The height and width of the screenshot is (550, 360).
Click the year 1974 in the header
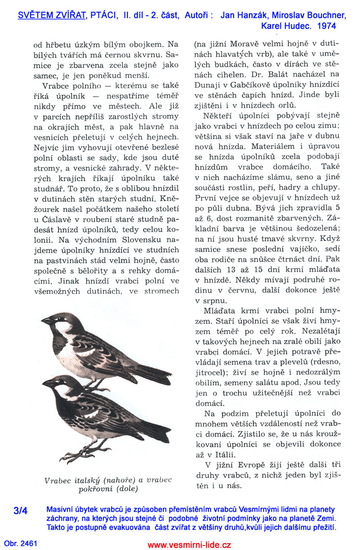click(x=326, y=26)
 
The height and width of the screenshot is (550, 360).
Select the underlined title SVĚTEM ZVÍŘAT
click(x=52, y=16)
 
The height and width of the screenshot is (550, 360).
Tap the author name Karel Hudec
click(x=285, y=26)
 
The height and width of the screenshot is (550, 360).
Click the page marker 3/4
click(x=21, y=511)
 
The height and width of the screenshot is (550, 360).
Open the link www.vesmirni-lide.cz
click(x=189, y=545)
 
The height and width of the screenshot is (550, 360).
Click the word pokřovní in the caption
click(x=94, y=488)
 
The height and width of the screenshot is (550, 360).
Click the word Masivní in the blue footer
click(x=60, y=510)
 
